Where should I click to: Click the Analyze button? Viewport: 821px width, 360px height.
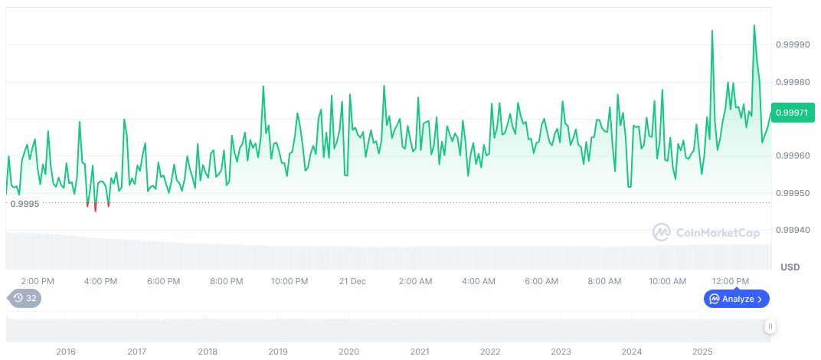point(736,299)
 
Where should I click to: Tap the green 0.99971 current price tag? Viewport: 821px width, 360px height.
point(793,113)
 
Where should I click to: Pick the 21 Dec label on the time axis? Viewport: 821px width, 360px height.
point(352,281)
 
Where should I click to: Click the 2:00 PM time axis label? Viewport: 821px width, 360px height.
point(38,281)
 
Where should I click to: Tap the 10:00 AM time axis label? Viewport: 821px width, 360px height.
point(667,281)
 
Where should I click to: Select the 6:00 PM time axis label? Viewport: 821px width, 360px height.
point(163,281)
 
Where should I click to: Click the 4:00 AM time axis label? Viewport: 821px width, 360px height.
point(478,281)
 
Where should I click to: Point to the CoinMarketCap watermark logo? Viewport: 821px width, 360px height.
point(706,232)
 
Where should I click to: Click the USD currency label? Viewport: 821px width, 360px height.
point(790,267)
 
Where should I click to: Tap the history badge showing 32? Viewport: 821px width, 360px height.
point(25,298)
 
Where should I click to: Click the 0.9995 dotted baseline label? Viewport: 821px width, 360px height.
point(25,204)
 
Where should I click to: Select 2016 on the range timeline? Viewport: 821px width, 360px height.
point(66,352)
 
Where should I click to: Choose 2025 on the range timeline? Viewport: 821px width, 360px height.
point(702,352)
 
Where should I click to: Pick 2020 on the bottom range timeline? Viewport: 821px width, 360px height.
point(348,352)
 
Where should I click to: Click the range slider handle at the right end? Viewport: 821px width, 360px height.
point(770,326)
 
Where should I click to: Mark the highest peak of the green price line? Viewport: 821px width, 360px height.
point(754,25)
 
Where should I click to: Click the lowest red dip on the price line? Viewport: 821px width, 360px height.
point(95,210)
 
